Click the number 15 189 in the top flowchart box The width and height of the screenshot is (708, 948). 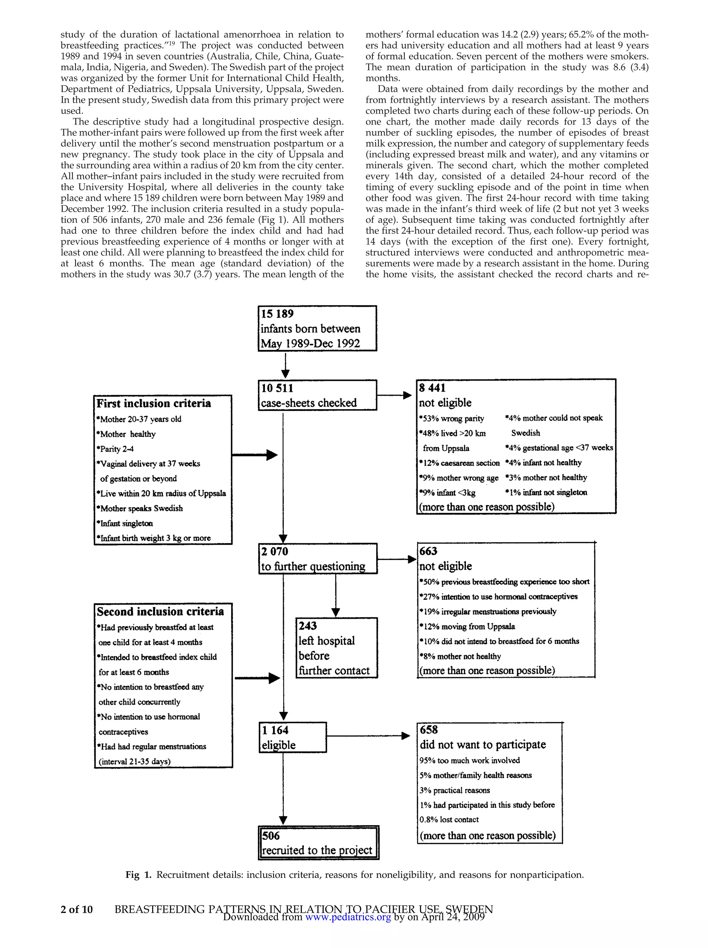[277, 314]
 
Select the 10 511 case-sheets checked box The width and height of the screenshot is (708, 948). [317, 395]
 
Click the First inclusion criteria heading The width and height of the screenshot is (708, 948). [153, 403]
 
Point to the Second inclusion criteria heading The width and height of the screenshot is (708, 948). [160, 611]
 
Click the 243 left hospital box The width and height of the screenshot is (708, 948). [336, 647]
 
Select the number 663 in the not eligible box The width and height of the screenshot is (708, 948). [428, 551]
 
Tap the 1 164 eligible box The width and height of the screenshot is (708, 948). [293, 737]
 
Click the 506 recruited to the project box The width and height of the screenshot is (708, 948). [319, 843]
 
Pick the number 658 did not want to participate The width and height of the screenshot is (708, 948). [429, 730]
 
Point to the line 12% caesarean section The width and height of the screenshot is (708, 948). [459, 463]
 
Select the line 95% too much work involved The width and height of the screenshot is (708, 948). [469, 760]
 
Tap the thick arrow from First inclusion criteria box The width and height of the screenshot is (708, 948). [255, 455]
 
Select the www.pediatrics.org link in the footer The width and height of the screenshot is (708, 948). [348, 917]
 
